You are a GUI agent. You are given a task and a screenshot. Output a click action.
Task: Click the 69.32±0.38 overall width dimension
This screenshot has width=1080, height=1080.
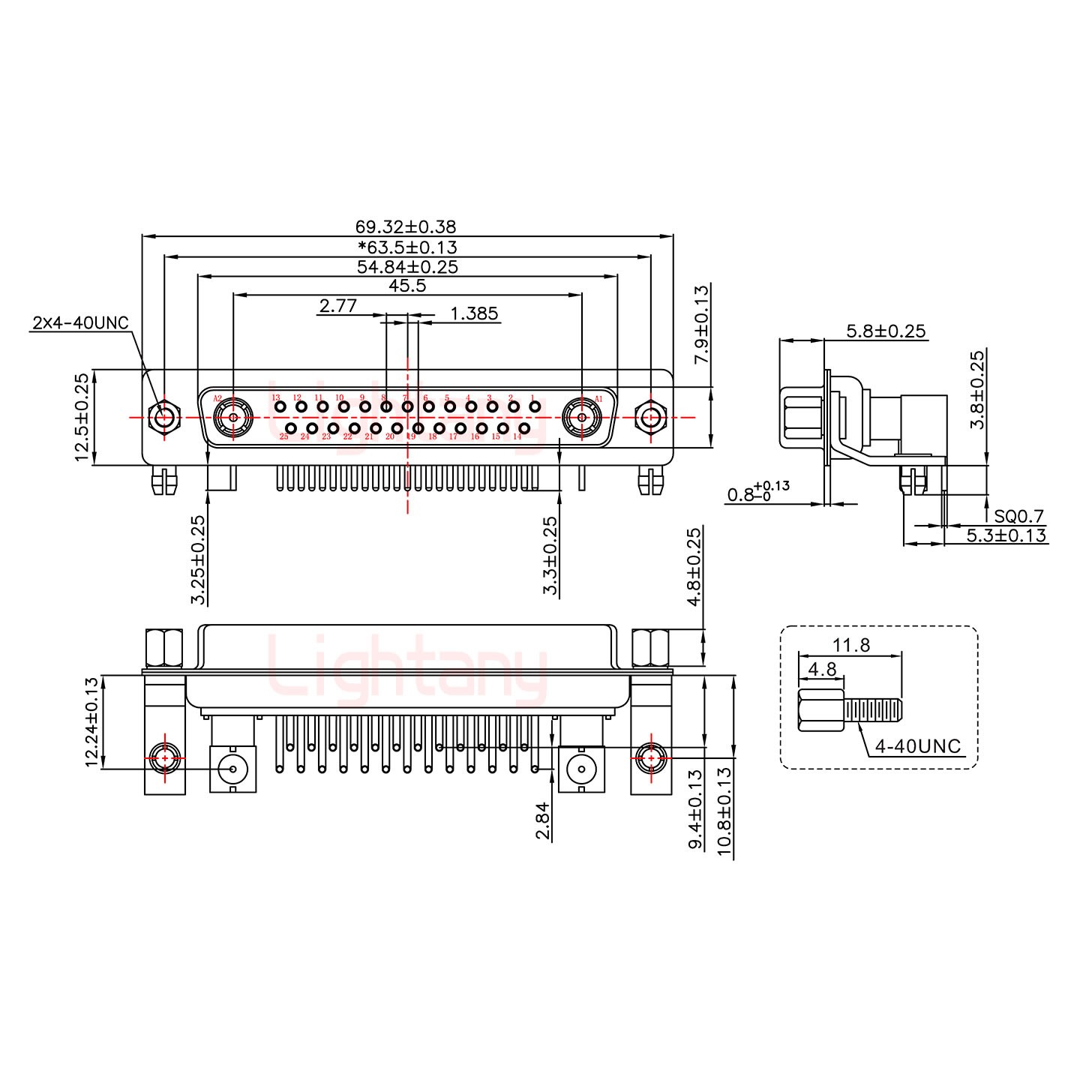coord(405,226)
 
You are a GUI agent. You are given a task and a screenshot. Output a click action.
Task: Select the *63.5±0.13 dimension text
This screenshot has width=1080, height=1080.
coord(407,247)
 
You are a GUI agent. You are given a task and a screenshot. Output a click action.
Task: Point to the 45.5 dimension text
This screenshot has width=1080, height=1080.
coord(407,286)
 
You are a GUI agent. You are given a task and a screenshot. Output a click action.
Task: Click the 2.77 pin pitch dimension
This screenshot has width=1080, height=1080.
coord(337,306)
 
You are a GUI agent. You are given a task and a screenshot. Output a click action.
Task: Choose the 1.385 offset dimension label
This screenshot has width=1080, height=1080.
coord(474,313)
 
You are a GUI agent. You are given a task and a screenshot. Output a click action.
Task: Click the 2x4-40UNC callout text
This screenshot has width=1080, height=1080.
coord(80,323)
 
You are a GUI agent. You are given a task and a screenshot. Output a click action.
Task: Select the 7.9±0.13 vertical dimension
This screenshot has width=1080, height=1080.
coord(702,325)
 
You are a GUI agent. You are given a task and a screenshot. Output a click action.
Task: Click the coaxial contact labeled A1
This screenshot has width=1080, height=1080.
coord(581,416)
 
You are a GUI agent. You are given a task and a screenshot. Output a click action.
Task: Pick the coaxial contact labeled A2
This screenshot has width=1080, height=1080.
coord(233,416)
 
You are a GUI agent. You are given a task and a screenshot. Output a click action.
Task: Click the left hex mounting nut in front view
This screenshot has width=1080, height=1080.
coord(164,416)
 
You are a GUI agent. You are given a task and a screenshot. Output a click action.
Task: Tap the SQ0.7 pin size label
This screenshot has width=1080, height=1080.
coord(1018,517)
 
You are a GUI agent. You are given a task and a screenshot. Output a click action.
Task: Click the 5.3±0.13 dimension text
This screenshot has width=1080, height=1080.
coord(1005,535)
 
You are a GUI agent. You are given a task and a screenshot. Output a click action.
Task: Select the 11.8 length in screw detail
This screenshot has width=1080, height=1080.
coord(851,644)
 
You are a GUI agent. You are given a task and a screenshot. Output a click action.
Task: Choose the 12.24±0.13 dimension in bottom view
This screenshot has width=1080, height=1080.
coord(91,722)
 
